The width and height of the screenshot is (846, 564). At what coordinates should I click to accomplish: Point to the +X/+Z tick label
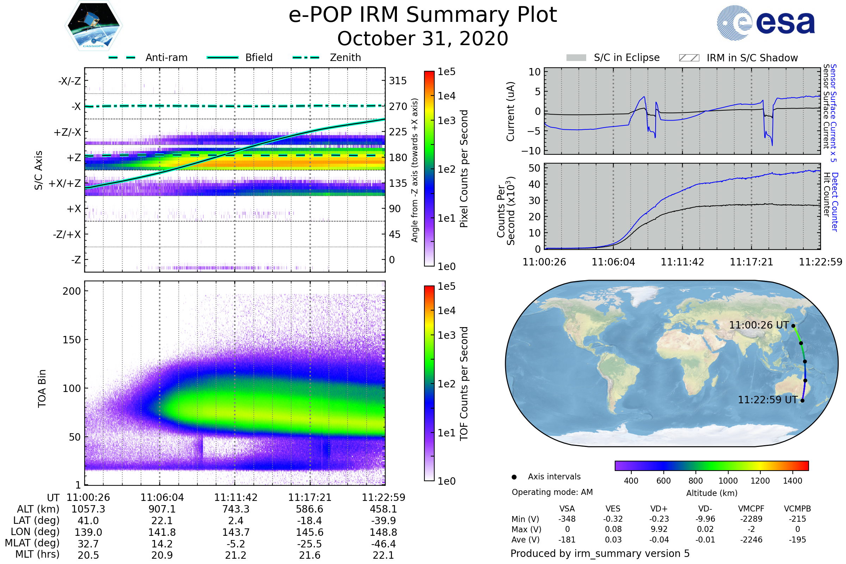65,183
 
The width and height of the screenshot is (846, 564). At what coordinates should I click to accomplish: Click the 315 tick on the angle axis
398,81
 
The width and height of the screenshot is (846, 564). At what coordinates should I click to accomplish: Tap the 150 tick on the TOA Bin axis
72,340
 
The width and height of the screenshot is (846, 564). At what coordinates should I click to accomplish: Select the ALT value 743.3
235,509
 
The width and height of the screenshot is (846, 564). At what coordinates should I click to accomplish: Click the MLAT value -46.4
383,544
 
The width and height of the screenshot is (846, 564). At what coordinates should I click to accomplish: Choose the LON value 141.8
162,532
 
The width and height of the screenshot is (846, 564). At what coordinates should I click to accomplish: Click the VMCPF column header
751,509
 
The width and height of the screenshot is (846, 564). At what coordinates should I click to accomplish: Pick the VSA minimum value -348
567,519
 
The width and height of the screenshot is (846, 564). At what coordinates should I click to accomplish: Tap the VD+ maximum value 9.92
659,529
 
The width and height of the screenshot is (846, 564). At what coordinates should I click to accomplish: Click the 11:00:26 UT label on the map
759,325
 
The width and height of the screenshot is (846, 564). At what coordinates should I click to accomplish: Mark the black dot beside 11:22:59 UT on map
802,401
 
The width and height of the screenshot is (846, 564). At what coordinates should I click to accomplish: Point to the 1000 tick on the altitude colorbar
728,481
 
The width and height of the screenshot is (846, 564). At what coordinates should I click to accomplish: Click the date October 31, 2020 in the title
423,38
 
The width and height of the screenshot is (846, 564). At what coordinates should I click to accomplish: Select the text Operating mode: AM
552,492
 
